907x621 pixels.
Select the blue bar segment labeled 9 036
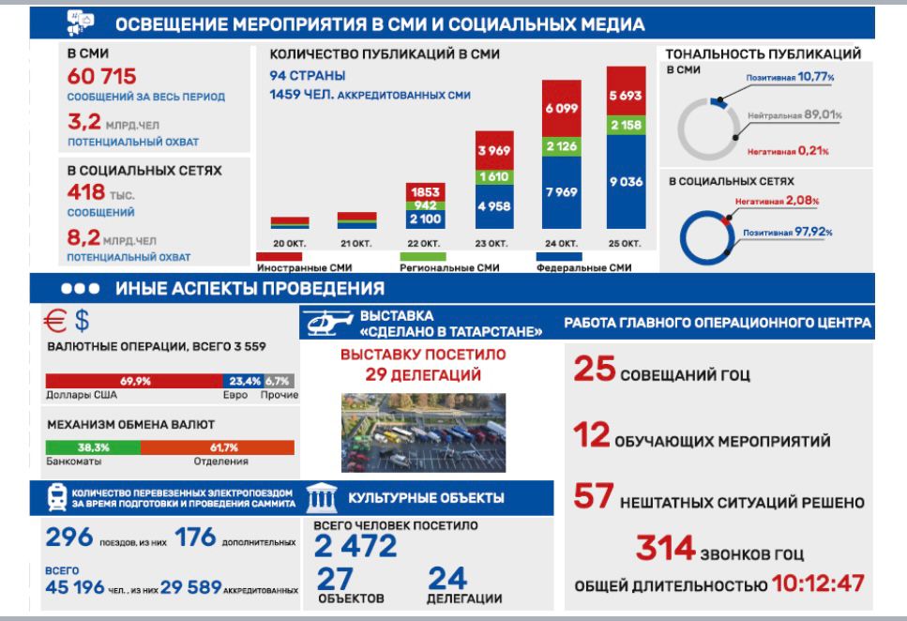625,182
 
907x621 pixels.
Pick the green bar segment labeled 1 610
493,176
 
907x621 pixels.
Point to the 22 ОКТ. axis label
425,243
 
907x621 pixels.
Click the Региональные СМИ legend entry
449,267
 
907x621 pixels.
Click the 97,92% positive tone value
813,232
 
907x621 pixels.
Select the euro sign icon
56,321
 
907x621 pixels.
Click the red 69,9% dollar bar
135,381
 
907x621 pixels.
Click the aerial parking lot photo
423,432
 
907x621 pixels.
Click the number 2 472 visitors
355,546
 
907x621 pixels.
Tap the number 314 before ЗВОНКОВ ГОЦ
665,548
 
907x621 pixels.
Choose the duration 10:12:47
817,583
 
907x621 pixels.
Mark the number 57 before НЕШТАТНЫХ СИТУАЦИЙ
593,497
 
